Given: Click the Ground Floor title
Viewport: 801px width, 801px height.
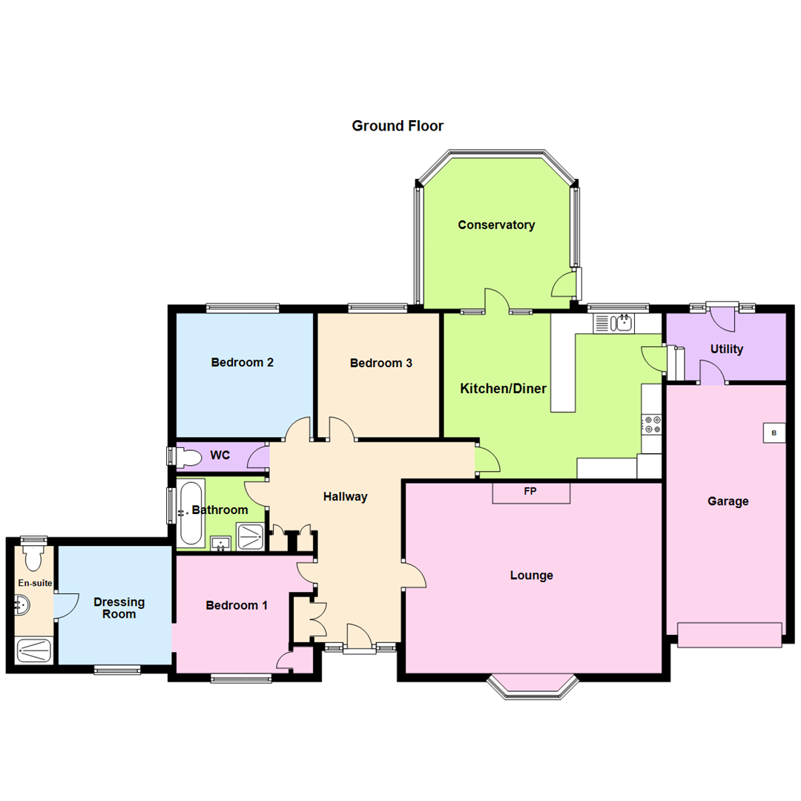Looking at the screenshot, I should tap(398, 126).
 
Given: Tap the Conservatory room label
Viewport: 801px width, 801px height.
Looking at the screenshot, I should tap(496, 225).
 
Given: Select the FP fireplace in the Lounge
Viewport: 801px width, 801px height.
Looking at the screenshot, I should tap(531, 492).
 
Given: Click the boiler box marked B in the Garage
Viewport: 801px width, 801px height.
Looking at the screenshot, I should tap(774, 433).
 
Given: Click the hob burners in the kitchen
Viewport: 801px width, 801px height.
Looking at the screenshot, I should tap(653, 424).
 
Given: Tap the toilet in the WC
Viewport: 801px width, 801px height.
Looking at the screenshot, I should tap(184, 457).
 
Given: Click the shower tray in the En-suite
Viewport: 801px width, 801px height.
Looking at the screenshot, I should tap(35, 651).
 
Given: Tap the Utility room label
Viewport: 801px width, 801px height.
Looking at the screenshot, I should tap(726, 349).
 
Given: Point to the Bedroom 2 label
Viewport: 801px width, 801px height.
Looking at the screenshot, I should tap(243, 363).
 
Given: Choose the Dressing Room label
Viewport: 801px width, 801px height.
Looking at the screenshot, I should tap(119, 607).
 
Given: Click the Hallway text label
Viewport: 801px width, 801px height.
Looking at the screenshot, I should tap(345, 497).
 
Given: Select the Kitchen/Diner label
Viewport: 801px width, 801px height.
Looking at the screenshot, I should tap(504, 389).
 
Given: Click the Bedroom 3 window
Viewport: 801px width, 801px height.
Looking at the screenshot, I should tap(378, 307).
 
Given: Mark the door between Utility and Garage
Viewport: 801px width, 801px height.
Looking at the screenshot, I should tap(713, 374).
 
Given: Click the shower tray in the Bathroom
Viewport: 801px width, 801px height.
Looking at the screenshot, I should tap(249, 535).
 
